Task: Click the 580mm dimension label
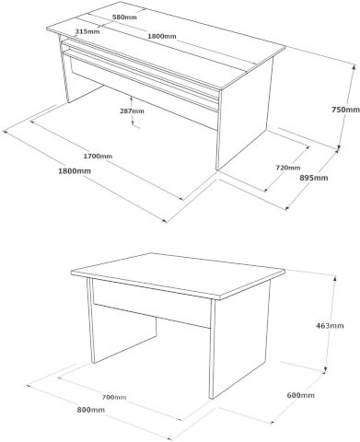click(x=124, y=17)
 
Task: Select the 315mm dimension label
click(x=87, y=31)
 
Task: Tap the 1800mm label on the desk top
click(x=162, y=36)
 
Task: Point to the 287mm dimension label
click(x=132, y=111)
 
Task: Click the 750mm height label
click(x=345, y=110)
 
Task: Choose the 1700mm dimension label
click(x=98, y=157)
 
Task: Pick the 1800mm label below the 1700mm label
click(x=75, y=171)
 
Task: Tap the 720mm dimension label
click(x=288, y=168)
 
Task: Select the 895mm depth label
click(x=314, y=178)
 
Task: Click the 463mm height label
click(x=330, y=326)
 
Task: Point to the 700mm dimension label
click(x=114, y=397)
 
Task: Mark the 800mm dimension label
click(x=90, y=410)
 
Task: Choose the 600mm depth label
click(x=301, y=395)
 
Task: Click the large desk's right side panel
click(x=244, y=117)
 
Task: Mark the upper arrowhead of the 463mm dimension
click(x=334, y=278)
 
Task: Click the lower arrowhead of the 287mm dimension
click(x=133, y=122)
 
